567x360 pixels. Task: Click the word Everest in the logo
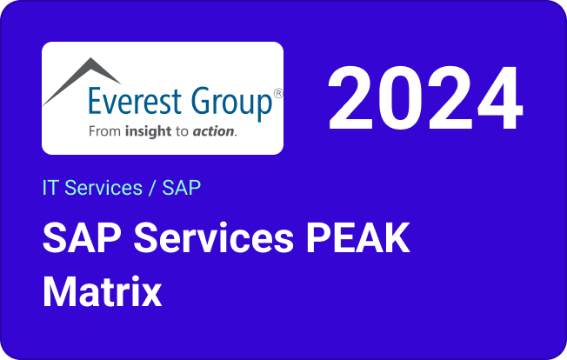click(x=133, y=102)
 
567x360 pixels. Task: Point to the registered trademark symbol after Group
click(x=277, y=93)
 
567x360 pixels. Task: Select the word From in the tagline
click(x=106, y=132)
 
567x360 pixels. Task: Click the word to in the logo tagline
click(x=182, y=132)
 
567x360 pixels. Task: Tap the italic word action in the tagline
click(x=214, y=132)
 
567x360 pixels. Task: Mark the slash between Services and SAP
click(x=153, y=187)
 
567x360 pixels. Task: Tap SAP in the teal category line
click(x=182, y=187)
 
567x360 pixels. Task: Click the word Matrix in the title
click(x=103, y=291)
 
